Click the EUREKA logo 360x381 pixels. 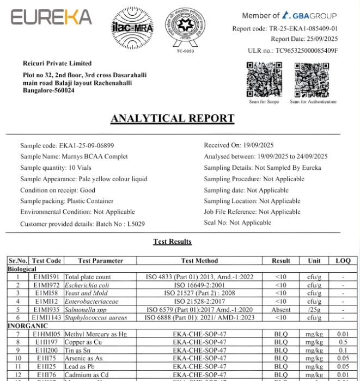pos(51,17)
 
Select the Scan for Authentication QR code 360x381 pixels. pos(312,79)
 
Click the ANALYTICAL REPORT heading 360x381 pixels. pos(172,119)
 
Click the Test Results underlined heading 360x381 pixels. pos(172,242)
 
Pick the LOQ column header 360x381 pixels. pos(343,261)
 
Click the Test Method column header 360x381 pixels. pos(199,261)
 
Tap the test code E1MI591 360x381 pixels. pos(46,277)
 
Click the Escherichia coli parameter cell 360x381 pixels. pos(87,285)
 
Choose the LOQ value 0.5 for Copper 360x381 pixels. pos(343,342)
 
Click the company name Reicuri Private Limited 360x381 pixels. pos(57,64)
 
